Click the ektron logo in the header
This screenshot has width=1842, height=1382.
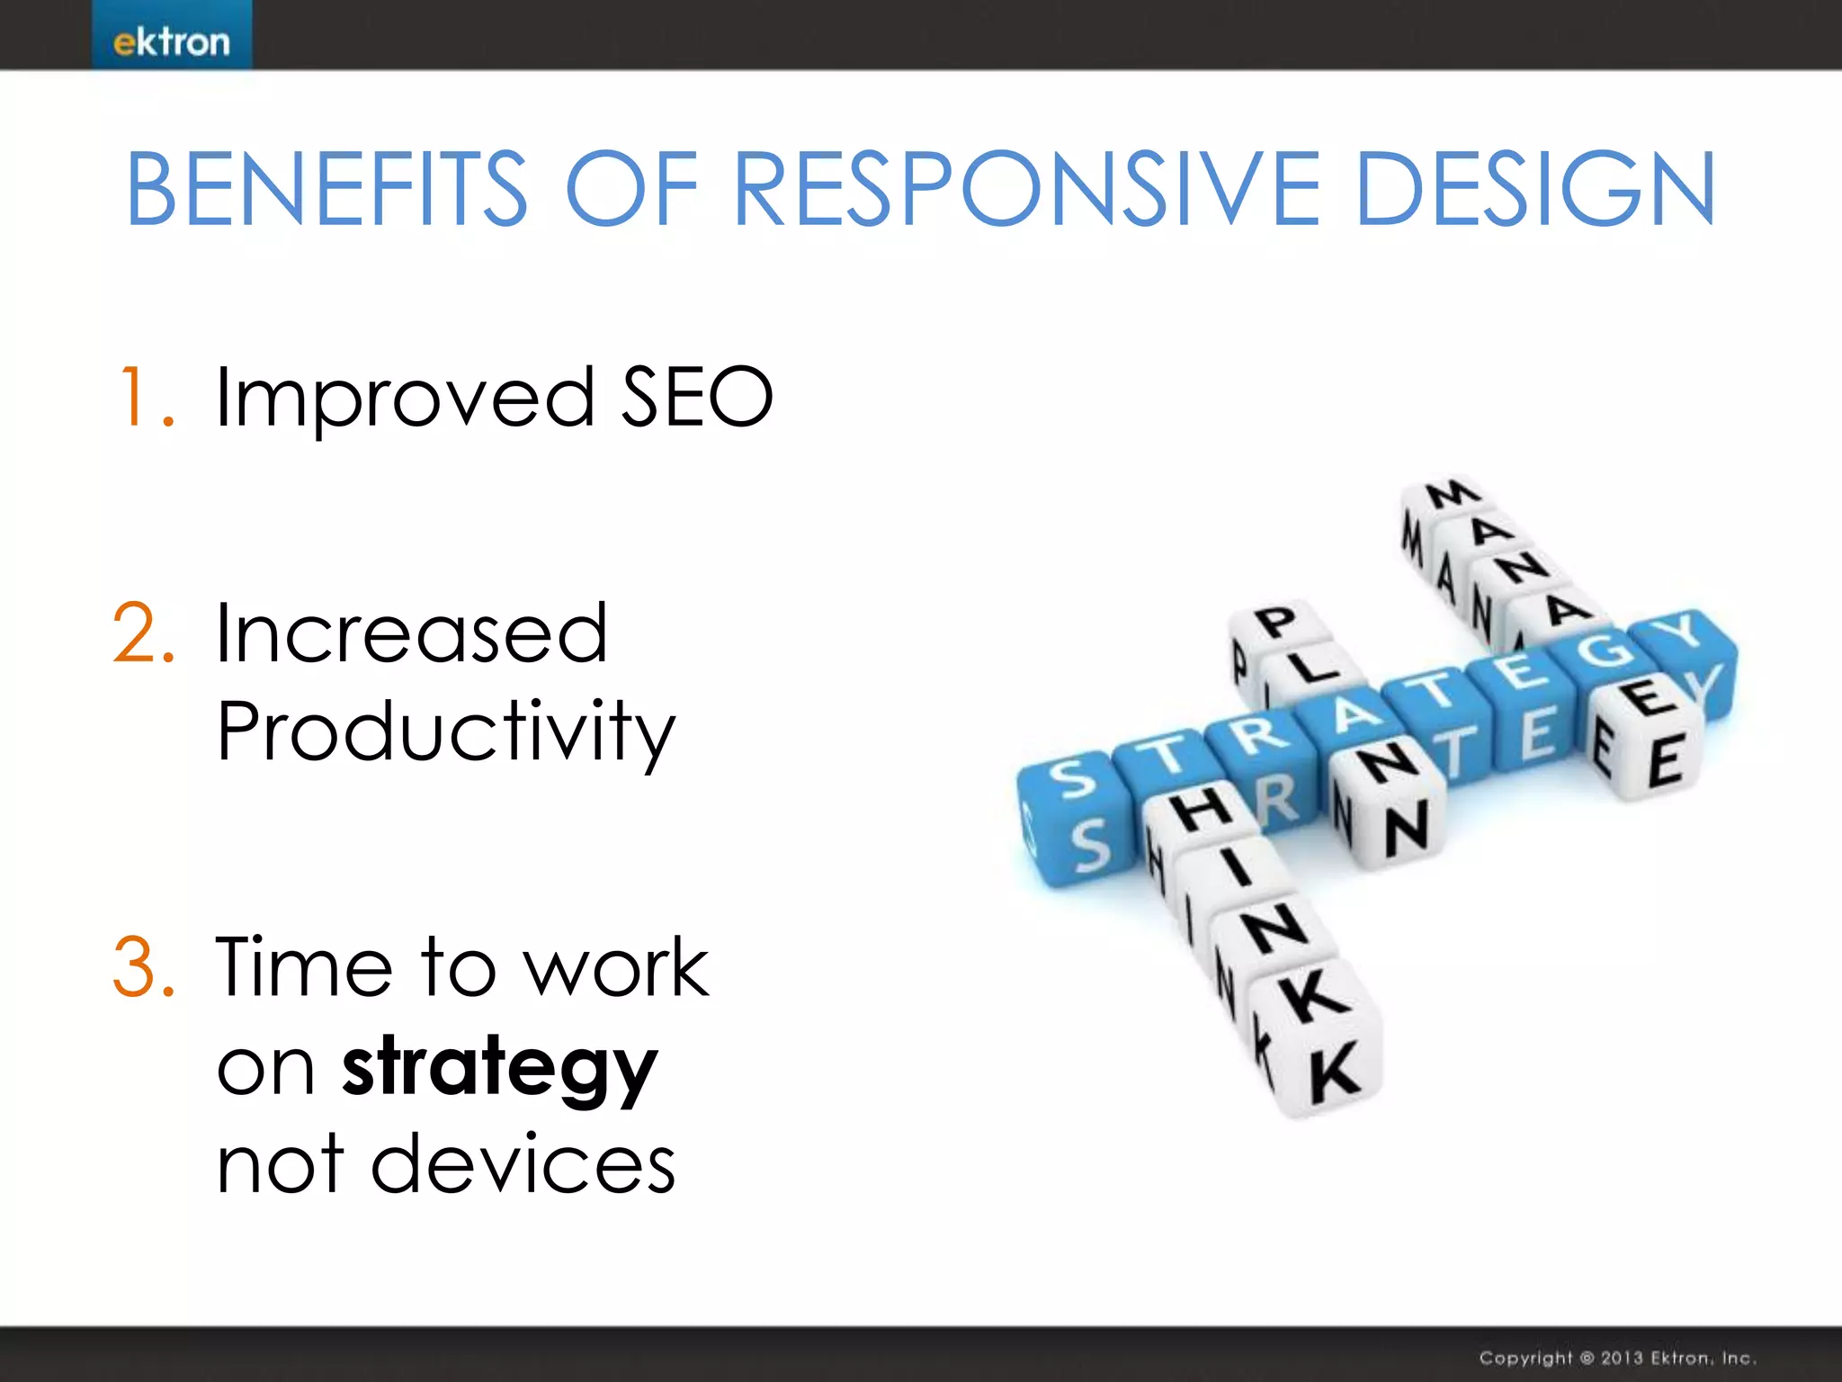click(171, 40)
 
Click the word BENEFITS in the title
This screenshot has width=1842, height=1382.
click(326, 189)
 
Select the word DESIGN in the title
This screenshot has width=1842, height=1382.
click(1534, 189)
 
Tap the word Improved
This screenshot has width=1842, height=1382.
click(405, 398)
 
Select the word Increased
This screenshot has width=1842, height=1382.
click(412, 633)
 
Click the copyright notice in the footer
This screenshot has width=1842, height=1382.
click(1617, 1358)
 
